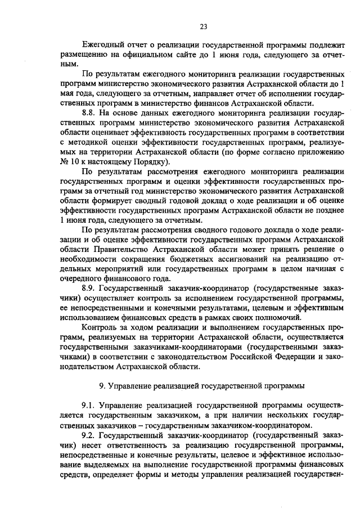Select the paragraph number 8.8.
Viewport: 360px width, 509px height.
pos(90,113)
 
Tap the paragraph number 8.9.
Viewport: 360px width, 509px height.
pos(90,289)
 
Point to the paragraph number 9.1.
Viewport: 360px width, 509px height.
pos(90,405)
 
